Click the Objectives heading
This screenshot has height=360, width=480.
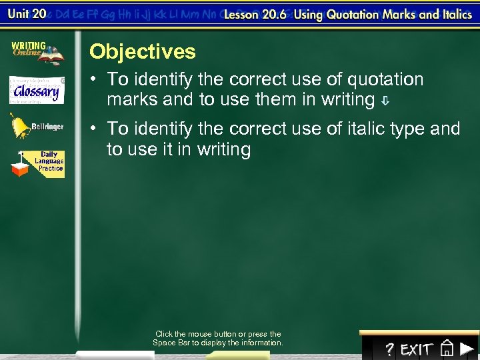point(143,51)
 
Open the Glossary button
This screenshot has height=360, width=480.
point(37,90)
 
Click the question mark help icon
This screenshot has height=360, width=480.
point(389,349)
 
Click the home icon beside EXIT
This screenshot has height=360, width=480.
point(447,349)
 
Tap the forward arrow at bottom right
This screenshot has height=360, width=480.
point(467,349)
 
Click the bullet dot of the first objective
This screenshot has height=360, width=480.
point(95,80)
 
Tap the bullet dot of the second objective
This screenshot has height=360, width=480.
point(95,129)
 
